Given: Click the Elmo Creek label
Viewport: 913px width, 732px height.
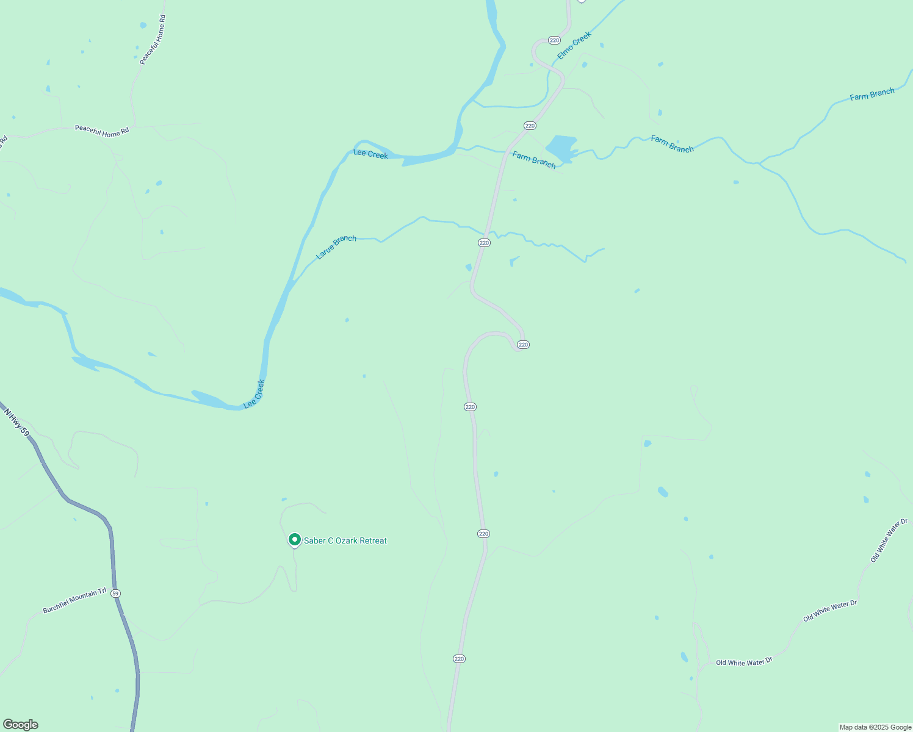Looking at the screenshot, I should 574,46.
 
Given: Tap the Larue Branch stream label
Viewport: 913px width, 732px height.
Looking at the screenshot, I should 336,246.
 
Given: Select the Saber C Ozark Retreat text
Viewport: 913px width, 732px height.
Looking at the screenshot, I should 345,540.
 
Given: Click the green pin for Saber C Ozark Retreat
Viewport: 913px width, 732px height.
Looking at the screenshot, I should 295,540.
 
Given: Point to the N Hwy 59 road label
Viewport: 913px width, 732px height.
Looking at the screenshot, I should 16,422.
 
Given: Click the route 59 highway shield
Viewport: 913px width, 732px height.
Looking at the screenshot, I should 116,593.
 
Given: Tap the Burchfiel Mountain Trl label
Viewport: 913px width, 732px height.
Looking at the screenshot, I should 74,601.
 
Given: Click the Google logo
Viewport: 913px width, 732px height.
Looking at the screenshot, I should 21,725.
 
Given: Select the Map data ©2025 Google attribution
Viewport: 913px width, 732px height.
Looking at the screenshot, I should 875,727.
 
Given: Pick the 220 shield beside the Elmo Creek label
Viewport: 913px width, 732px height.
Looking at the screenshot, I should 554,40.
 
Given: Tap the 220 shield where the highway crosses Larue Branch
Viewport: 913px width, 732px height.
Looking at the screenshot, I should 484,243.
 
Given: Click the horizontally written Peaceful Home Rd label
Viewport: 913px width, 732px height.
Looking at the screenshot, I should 102,131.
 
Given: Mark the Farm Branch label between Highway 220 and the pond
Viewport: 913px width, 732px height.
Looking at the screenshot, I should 534,160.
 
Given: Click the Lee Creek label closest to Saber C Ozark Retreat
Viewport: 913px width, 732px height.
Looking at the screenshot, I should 254,394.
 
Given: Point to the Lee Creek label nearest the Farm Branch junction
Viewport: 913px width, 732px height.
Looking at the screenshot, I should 370,154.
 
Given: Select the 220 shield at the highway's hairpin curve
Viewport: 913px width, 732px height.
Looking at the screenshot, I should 523,345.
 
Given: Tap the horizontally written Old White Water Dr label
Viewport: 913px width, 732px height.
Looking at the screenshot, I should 744,662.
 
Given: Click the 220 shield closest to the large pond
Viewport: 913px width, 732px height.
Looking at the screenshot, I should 530,126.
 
